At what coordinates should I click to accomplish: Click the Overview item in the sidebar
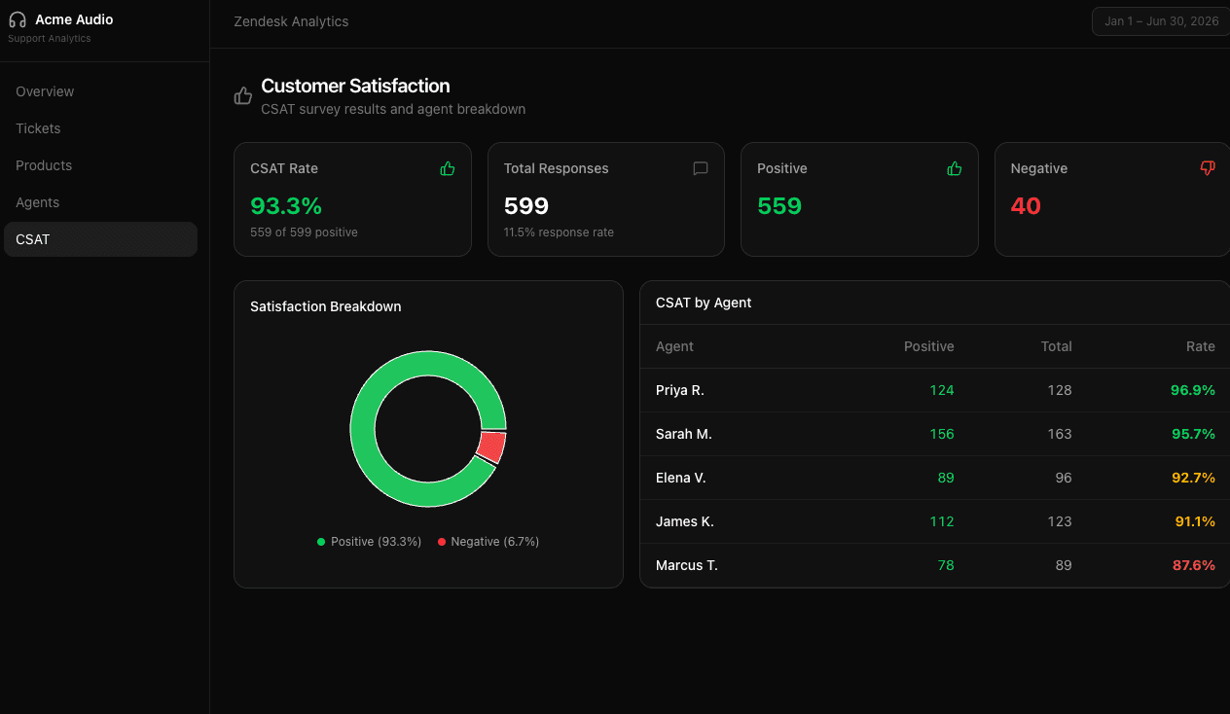click(x=45, y=91)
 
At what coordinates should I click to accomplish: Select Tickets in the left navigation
click(x=38, y=128)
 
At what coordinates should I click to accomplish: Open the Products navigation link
click(x=44, y=165)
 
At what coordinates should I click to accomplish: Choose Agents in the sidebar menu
click(x=37, y=202)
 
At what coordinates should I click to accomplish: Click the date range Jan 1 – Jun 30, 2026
click(x=1161, y=21)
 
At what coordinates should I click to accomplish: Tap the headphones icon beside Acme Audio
click(x=18, y=19)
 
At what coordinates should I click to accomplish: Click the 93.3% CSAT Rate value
click(x=286, y=206)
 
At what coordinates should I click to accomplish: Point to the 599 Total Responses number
click(x=526, y=206)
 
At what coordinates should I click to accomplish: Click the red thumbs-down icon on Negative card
click(x=1208, y=168)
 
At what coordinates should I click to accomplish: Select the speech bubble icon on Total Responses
click(x=701, y=168)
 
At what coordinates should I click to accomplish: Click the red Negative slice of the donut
click(x=492, y=447)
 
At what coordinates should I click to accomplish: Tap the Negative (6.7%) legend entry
click(x=488, y=542)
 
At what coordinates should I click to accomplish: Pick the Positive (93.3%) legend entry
click(x=370, y=542)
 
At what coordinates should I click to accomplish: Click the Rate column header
click(x=1200, y=346)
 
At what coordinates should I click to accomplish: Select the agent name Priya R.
click(x=679, y=390)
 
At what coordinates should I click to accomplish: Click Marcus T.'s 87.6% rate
click(x=1193, y=565)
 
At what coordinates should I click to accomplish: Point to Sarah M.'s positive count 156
click(x=941, y=434)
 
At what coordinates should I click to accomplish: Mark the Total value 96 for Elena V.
click(x=1063, y=478)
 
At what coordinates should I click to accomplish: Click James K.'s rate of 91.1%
click(x=1194, y=521)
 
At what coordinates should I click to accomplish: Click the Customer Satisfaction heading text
click(x=355, y=86)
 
